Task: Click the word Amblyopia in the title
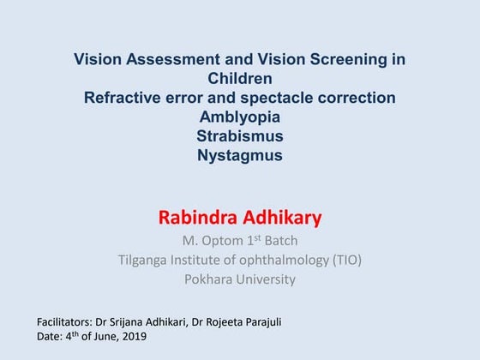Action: click(240, 117)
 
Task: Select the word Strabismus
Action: click(240, 136)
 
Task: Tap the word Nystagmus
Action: click(240, 156)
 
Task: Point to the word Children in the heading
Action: click(240, 79)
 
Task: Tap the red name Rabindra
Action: click(199, 218)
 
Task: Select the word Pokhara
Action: click(210, 279)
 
